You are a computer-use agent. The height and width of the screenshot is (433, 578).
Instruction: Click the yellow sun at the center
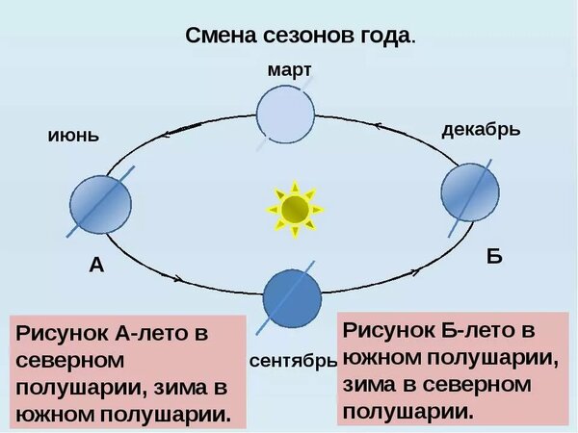coord(294,206)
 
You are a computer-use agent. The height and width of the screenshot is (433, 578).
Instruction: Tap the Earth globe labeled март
coord(285,112)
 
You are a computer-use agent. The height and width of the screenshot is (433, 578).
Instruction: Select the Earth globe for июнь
coord(101,203)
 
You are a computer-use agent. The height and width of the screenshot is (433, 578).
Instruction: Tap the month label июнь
coord(73,136)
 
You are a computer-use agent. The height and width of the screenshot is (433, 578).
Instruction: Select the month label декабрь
coord(481,129)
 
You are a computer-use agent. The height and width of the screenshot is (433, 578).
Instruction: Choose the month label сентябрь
coord(292,363)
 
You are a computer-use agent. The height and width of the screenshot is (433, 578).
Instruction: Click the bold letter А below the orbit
coord(96,266)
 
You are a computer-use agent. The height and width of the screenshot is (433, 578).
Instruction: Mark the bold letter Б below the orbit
coord(494,257)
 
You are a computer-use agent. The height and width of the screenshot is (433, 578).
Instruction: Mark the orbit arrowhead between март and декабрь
coord(380,125)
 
